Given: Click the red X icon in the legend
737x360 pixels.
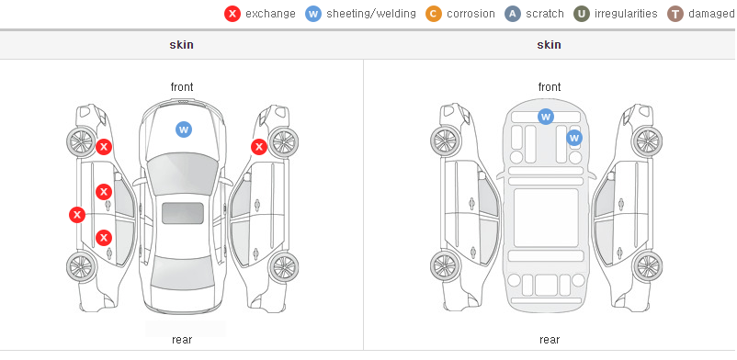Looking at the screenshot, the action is coord(232,14).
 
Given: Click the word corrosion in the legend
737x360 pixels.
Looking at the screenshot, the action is coord(471,14).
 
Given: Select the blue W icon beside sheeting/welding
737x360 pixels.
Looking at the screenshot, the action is coord(313,14).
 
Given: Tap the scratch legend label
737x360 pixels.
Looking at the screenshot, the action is coord(545,14).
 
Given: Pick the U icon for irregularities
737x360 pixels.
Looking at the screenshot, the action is coord(582,14).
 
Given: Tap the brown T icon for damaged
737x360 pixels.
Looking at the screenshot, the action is coord(675,14).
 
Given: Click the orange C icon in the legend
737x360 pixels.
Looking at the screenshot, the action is coord(434,14).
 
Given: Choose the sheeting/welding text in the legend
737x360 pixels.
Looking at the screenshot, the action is coord(371,14).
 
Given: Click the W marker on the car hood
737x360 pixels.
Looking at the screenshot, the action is coord(184,129).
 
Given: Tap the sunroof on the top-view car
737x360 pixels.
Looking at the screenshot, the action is coord(183,213).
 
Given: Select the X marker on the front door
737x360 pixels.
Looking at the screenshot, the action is coord(104,192).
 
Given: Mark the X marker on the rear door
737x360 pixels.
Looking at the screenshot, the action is coord(104,238).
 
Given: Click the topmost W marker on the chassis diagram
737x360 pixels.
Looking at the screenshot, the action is coord(545,116).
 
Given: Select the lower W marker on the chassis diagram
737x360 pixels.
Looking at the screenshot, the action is coord(574,138).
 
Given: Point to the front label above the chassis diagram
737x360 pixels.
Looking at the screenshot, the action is coord(549,87).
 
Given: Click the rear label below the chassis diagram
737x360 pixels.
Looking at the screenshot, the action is coord(549,340).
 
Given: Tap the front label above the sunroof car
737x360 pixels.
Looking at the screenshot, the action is coord(181,87).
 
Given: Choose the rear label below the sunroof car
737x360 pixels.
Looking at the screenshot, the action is coord(181,340).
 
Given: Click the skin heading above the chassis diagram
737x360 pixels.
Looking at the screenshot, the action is coord(549,45).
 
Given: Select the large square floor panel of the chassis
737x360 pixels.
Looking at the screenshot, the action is coord(546,218).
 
